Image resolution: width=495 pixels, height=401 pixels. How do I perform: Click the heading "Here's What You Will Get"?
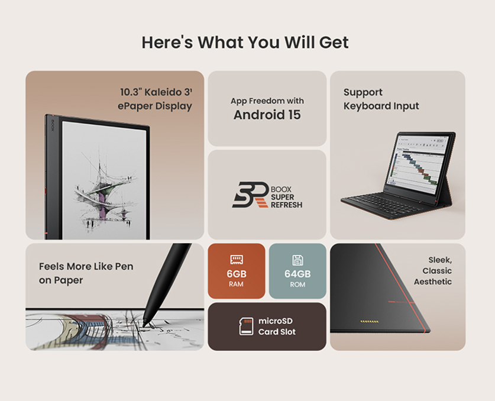tap(245, 43)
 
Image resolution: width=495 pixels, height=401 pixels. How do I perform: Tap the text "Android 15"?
tap(267, 115)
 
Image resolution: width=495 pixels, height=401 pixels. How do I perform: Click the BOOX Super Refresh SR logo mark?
tap(250, 195)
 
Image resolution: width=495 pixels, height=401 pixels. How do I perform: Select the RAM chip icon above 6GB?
tap(236, 260)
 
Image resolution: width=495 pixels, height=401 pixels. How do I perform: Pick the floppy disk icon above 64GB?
tap(297, 260)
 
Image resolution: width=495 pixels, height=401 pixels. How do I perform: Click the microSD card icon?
tap(246, 326)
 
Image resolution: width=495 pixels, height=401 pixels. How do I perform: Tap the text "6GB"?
tap(237, 274)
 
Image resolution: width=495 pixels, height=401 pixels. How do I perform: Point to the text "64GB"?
tap(297, 274)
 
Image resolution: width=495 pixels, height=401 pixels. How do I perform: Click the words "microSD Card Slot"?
tap(277, 326)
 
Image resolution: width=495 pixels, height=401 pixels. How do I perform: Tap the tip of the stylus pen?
tap(144, 325)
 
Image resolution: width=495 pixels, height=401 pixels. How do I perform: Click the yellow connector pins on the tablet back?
tap(370, 322)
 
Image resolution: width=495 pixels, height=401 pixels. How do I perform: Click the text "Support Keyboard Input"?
tap(381, 99)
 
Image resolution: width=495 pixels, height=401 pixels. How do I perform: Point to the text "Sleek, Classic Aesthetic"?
tap(433, 271)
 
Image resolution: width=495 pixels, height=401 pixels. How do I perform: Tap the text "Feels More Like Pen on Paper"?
tap(86, 273)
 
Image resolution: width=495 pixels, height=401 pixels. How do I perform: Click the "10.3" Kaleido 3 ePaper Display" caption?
tap(155, 99)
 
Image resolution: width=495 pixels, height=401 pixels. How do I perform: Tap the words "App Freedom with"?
tap(267, 101)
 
